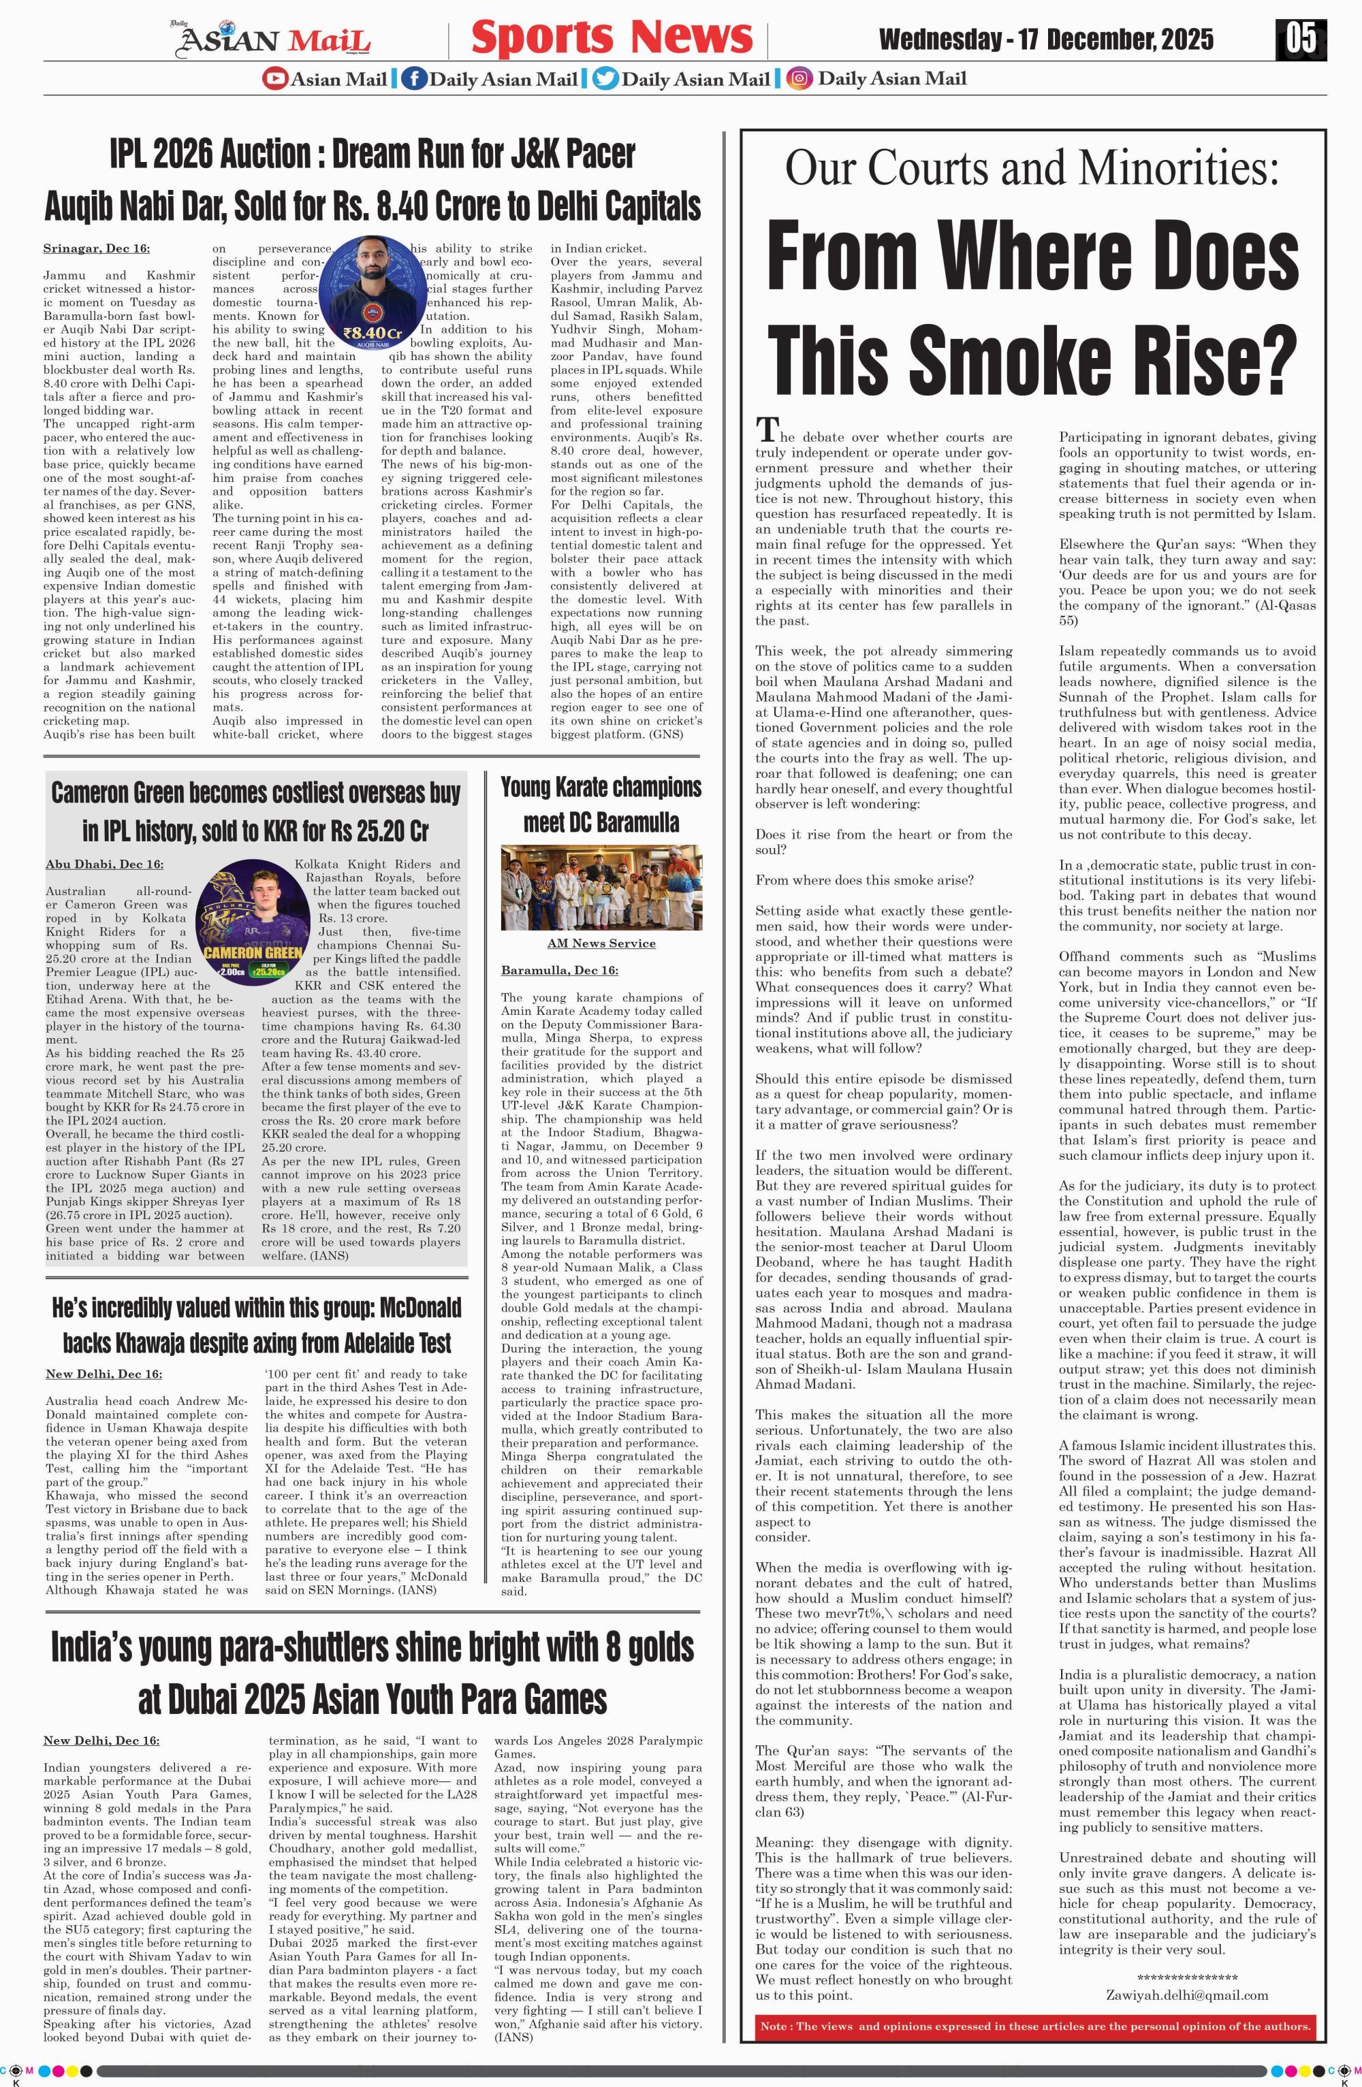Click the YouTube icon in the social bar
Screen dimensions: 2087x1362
point(275,79)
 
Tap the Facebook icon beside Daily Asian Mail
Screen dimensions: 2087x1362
point(414,79)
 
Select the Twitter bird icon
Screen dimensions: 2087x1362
point(605,79)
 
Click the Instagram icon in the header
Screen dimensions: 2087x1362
point(799,79)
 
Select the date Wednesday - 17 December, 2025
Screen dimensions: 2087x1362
point(1045,39)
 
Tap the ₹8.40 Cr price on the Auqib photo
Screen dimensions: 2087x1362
point(372,334)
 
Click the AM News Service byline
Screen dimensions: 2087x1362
point(601,943)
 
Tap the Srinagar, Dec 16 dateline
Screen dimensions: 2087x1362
point(97,249)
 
